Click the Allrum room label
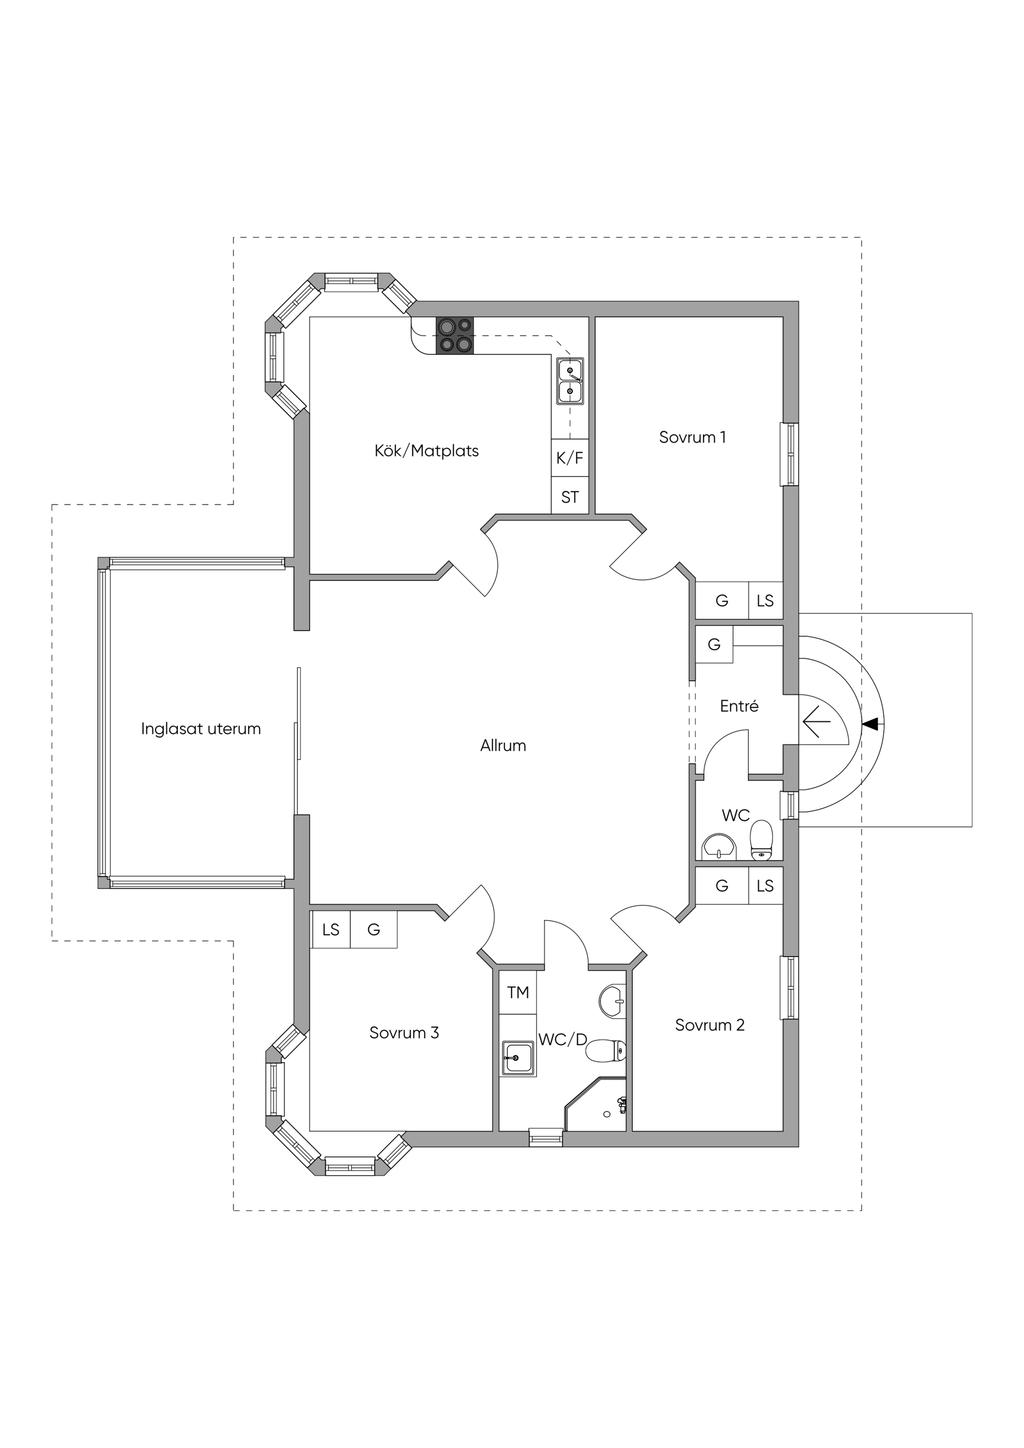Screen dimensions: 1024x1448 coord(503,745)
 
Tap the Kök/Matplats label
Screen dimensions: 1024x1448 coord(427,451)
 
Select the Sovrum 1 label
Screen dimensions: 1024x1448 coord(692,437)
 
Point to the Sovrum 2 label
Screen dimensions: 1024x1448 coord(710,1025)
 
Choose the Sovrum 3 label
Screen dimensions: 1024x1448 coord(404,1032)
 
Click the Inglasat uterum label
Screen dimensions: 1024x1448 coord(201,729)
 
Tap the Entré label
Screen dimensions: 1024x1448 coord(739,706)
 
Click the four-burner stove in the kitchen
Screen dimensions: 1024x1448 coord(455,336)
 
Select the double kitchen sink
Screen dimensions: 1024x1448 coord(570,381)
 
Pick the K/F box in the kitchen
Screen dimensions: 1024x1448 coord(570,458)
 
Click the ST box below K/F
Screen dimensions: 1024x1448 coord(570,496)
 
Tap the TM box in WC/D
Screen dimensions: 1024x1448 coord(518,992)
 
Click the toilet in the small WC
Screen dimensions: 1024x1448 coord(762,841)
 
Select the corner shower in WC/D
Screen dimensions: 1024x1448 coord(595,1103)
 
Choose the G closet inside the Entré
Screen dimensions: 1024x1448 coord(714,644)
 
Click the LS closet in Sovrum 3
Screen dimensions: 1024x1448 coord(330,930)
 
